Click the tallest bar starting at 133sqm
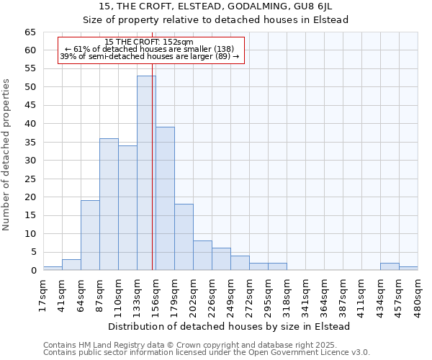146,173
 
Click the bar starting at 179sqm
184,238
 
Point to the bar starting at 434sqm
390,267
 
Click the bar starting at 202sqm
202,256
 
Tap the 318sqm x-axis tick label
287,294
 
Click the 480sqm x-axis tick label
418,294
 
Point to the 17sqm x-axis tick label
43,294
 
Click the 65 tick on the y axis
30,32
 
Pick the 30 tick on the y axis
30,161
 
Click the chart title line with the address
216,6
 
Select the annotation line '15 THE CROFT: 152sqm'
149,42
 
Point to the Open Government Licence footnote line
207,352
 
